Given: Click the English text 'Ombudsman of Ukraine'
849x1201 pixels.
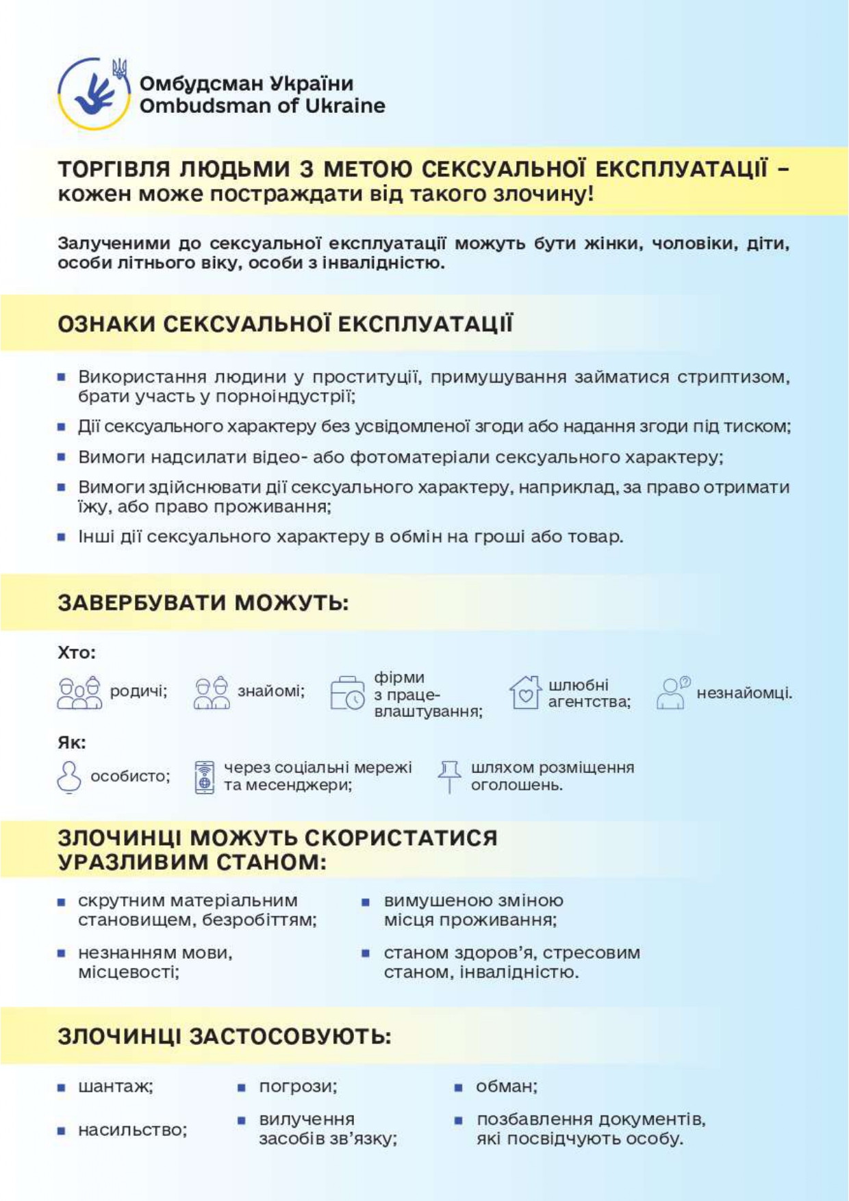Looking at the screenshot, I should [262, 106].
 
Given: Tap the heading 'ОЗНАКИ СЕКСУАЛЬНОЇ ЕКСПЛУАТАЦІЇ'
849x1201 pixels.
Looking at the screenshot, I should [285, 324].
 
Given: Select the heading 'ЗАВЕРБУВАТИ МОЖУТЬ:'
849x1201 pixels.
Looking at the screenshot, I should [203, 603].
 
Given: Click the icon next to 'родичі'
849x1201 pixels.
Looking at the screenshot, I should [79, 693].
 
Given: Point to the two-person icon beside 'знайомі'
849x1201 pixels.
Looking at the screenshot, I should [212, 693].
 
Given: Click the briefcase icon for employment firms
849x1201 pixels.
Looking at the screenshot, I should [347, 693].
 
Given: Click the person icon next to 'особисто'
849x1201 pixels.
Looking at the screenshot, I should [69, 776].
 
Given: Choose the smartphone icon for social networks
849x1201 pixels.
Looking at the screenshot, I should [205, 777].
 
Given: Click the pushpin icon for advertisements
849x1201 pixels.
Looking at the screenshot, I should [449, 776].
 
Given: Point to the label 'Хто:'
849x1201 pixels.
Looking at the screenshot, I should [77, 652].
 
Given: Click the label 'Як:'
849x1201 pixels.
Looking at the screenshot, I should [72, 742].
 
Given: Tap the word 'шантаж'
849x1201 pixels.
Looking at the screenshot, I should [114, 1087].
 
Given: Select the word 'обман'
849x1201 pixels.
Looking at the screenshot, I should [505, 1087].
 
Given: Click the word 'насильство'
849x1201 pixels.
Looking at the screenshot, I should [131, 1130].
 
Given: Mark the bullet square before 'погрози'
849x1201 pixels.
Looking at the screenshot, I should [242, 1087].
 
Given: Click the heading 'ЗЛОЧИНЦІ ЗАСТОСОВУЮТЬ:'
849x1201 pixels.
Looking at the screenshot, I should [224, 1036].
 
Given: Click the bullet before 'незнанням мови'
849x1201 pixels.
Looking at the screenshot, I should [62, 953].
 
